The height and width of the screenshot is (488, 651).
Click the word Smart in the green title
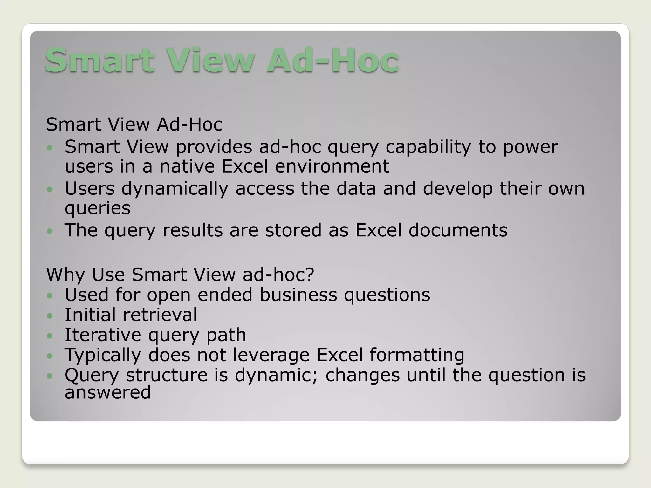pos(100,60)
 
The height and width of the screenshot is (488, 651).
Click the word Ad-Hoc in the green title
pos(332,60)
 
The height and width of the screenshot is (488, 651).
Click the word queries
pos(98,209)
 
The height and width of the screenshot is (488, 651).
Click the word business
pos(298,295)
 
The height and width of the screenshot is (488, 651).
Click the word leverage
pos(271,355)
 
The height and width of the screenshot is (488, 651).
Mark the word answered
pos(108,392)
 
